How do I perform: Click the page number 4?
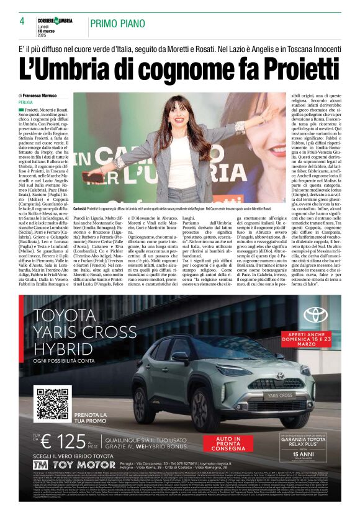click(x=22, y=21)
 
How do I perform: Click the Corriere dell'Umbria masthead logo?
click(x=55, y=20)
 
